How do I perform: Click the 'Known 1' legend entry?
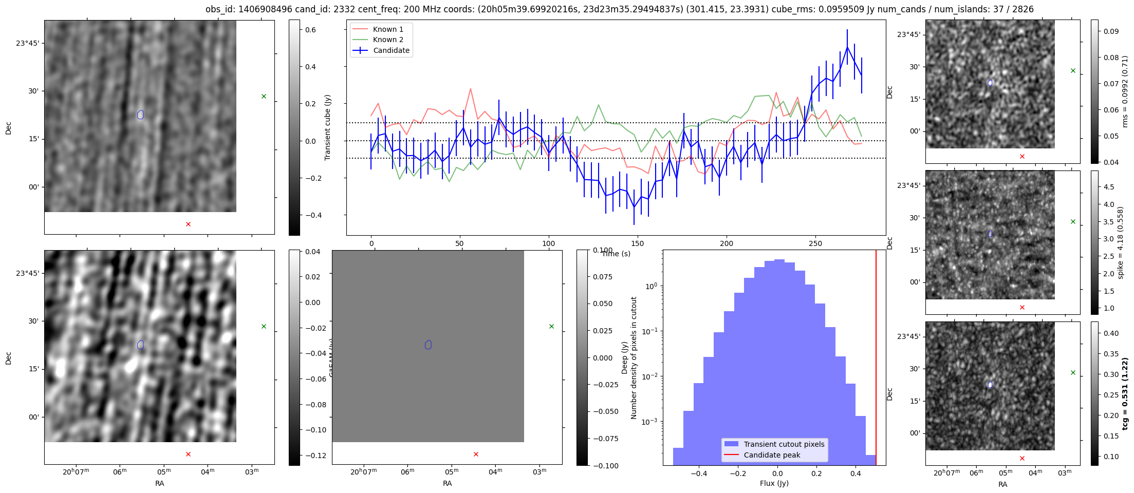(388, 29)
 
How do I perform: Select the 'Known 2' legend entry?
(388, 40)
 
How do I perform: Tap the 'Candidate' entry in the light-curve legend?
(391, 50)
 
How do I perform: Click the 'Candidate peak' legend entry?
(772, 455)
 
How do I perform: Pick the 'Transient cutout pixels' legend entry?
(784, 444)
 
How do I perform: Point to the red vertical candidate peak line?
(876, 359)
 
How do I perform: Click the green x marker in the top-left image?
(264, 96)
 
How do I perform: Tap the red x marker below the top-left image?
(188, 224)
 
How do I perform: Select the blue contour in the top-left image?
(141, 115)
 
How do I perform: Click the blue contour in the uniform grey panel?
(428, 345)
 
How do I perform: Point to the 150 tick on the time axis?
(637, 243)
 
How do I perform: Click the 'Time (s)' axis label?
(616, 254)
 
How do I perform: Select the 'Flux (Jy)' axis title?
(774, 483)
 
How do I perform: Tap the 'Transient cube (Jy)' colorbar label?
(328, 127)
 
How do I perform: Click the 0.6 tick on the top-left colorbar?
(310, 30)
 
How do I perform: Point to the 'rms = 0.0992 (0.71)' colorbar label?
(1125, 91)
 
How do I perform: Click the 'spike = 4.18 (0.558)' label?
(1121, 242)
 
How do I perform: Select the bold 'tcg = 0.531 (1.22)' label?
(1125, 393)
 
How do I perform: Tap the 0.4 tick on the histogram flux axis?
(856, 473)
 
